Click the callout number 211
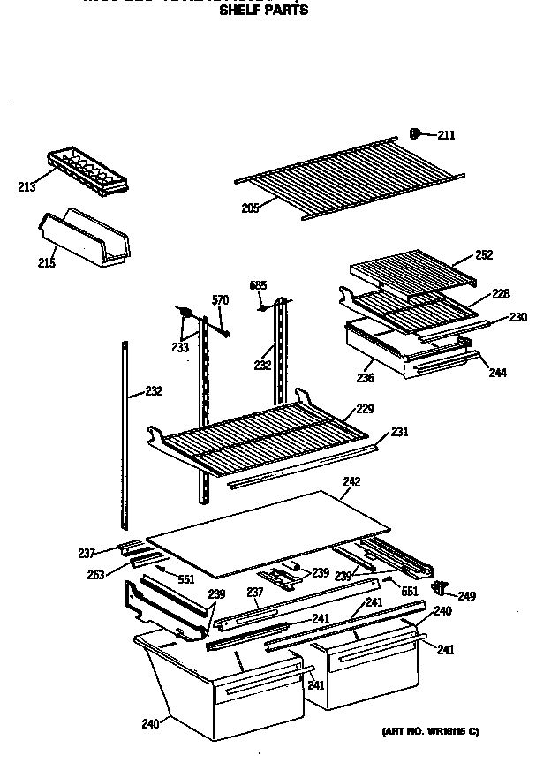(446, 135)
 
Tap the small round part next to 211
(415, 133)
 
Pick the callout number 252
(484, 255)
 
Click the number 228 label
(502, 294)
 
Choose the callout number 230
(517, 317)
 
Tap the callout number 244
(498, 373)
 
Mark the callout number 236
(365, 379)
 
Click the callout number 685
(258, 284)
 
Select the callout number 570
(220, 300)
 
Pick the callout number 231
(399, 433)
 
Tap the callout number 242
(352, 481)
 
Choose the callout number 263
(95, 576)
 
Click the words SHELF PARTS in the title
(263, 11)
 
